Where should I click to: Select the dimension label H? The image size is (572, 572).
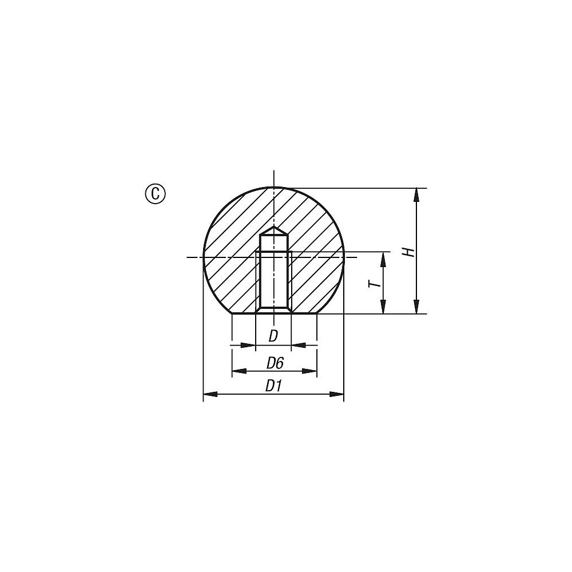(x=407, y=252)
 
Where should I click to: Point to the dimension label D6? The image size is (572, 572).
(x=275, y=363)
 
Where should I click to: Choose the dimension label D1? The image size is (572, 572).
(x=273, y=386)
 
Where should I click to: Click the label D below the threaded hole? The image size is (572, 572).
(x=273, y=336)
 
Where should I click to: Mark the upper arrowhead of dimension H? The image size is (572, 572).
(x=417, y=193)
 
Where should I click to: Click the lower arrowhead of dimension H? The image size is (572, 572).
(x=417, y=308)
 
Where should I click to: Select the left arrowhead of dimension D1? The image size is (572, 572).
(x=210, y=394)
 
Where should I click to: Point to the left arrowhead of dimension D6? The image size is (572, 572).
(x=238, y=371)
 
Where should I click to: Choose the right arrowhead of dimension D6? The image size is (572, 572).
(x=311, y=371)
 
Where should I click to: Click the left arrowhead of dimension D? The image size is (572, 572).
(x=249, y=345)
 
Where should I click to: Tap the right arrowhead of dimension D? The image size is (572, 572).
(x=297, y=345)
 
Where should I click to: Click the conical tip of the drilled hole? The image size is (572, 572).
(x=274, y=230)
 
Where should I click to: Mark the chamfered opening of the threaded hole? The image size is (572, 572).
(x=273, y=310)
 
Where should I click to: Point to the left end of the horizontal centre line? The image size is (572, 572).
(x=189, y=257)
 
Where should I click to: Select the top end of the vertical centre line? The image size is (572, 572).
(x=274, y=172)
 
